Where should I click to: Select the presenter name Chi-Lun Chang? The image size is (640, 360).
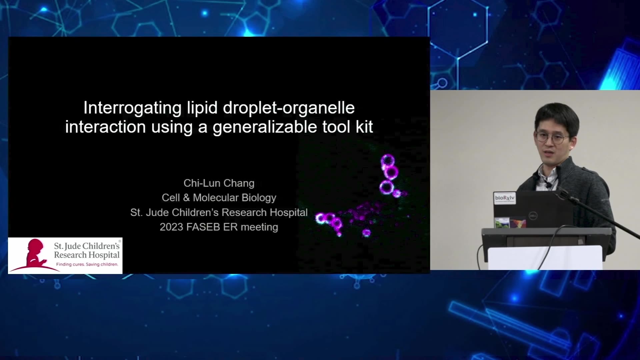pyautogui.click(x=219, y=183)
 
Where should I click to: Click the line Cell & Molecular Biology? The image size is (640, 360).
pyautogui.click(x=219, y=198)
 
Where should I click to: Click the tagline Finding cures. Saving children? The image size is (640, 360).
pyautogui.click(x=87, y=264)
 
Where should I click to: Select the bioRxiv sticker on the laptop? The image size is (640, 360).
pyautogui.click(x=505, y=198)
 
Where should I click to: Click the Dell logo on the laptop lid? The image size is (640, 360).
pyautogui.click(x=533, y=216)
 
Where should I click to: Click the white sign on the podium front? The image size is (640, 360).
pyautogui.click(x=545, y=257)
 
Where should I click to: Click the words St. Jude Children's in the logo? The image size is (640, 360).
pyautogui.click(x=87, y=246)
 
